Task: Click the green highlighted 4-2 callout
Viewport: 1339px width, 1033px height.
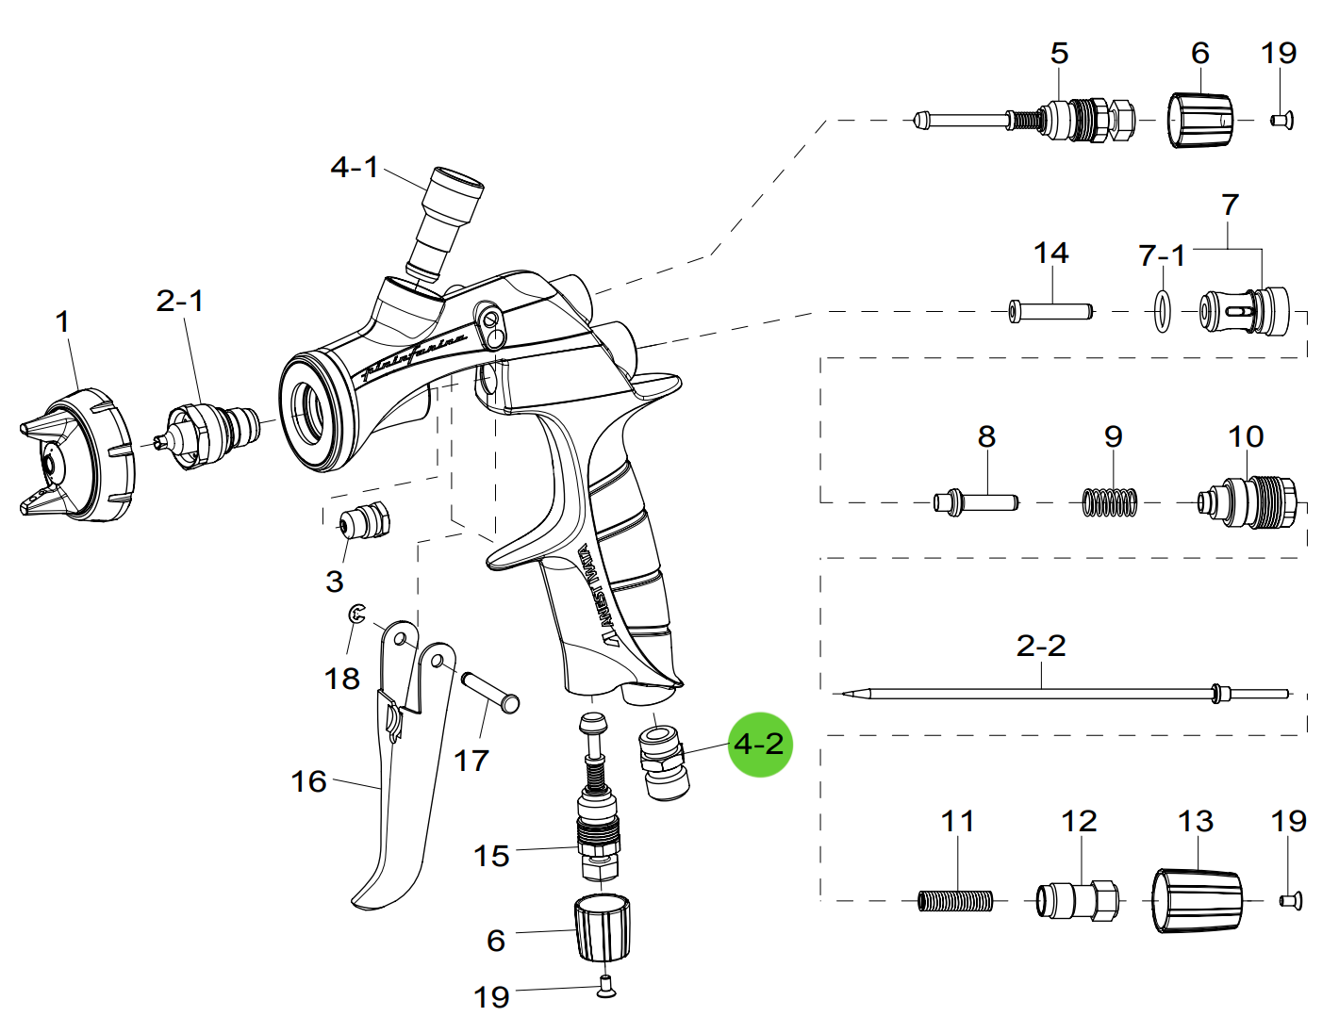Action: (x=759, y=745)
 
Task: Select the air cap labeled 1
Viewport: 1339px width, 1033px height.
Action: (x=80, y=457)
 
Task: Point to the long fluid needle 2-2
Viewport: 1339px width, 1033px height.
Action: (x=1037, y=695)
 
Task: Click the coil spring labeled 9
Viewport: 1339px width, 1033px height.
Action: (x=1110, y=502)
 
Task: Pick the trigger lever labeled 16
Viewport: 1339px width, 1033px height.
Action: (x=401, y=801)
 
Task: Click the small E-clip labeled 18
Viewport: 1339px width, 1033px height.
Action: (x=356, y=615)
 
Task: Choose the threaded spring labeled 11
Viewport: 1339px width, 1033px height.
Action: (x=955, y=901)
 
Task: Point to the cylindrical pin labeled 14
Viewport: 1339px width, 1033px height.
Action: (x=1050, y=310)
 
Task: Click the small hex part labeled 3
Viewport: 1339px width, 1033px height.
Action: (x=363, y=520)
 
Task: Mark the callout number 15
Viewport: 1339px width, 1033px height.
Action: (x=491, y=856)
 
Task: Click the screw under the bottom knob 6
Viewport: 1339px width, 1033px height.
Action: (x=606, y=987)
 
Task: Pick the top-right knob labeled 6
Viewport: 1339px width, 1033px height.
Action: (x=1200, y=121)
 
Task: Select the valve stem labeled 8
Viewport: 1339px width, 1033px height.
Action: (x=976, y=501)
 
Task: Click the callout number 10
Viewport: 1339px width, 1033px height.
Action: (x=1246, y=436)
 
